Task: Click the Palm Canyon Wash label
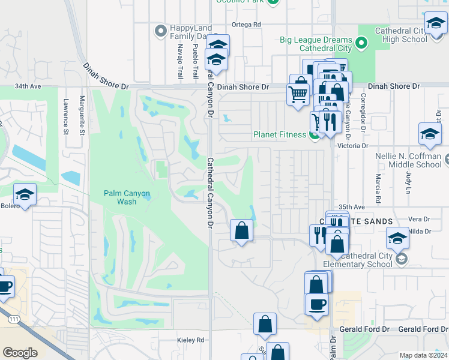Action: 126,197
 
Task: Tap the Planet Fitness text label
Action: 280,134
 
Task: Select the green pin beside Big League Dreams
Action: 361,43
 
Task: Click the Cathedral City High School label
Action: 400,35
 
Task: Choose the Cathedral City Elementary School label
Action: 358,260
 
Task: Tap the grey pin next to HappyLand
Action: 160,31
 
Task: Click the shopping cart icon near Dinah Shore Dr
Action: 298,94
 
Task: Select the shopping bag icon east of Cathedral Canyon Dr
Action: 241,230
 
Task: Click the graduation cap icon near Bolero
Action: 25,194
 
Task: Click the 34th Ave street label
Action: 28,86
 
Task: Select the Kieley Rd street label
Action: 191,340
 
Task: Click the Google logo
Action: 20,353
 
